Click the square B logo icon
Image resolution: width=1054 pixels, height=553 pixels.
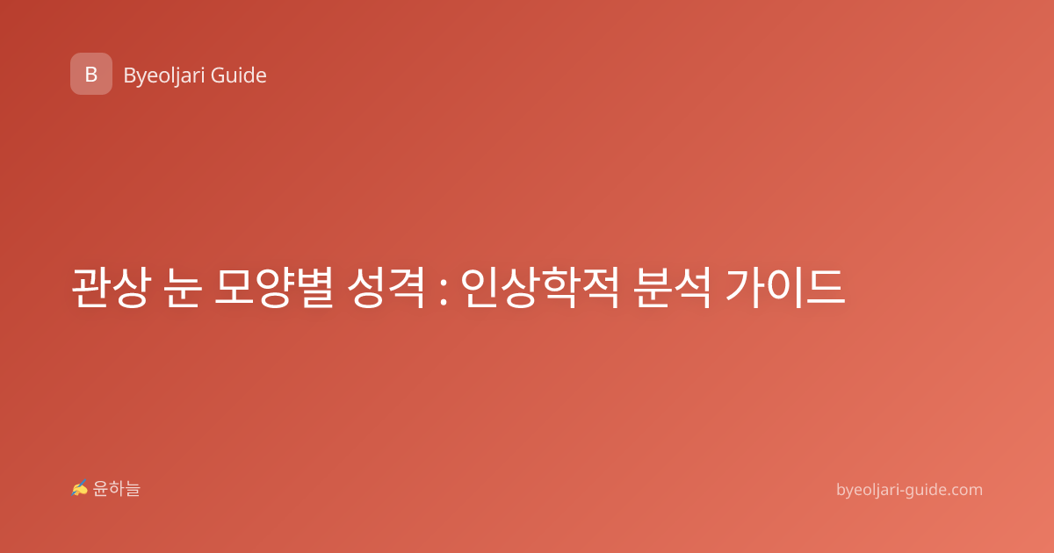click(91, 74)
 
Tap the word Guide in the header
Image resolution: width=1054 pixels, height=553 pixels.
click(239, 75)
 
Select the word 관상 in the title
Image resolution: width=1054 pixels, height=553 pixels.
click(112, 288)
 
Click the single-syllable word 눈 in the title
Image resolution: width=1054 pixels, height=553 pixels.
click(183, 288)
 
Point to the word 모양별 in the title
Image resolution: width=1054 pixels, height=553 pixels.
click(274, 288)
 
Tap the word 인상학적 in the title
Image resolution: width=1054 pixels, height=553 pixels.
click(539, 288)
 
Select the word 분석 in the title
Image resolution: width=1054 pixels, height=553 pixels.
click(671, 288)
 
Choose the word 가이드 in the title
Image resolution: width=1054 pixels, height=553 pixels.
click(785, 288)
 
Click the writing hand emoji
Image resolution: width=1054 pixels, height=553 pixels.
click(80, 488)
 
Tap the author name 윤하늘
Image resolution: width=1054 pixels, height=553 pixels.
click(116, 489)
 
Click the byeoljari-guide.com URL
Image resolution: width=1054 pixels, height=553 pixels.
click(909, 490)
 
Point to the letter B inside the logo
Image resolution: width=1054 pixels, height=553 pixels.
click(91, 75)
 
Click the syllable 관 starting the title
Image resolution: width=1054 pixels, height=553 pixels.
click(90, 288)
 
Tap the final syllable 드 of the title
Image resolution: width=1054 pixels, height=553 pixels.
click(826, 288)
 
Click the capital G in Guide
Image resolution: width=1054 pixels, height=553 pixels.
click(218, 75)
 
